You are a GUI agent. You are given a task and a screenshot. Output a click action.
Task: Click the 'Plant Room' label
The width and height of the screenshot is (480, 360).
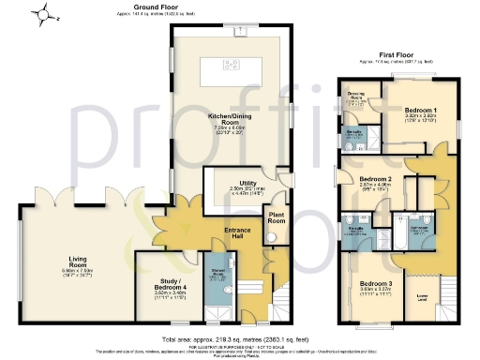tap(277, 217)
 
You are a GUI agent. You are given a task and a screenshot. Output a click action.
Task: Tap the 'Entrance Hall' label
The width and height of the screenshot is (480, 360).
tap(240, 234)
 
